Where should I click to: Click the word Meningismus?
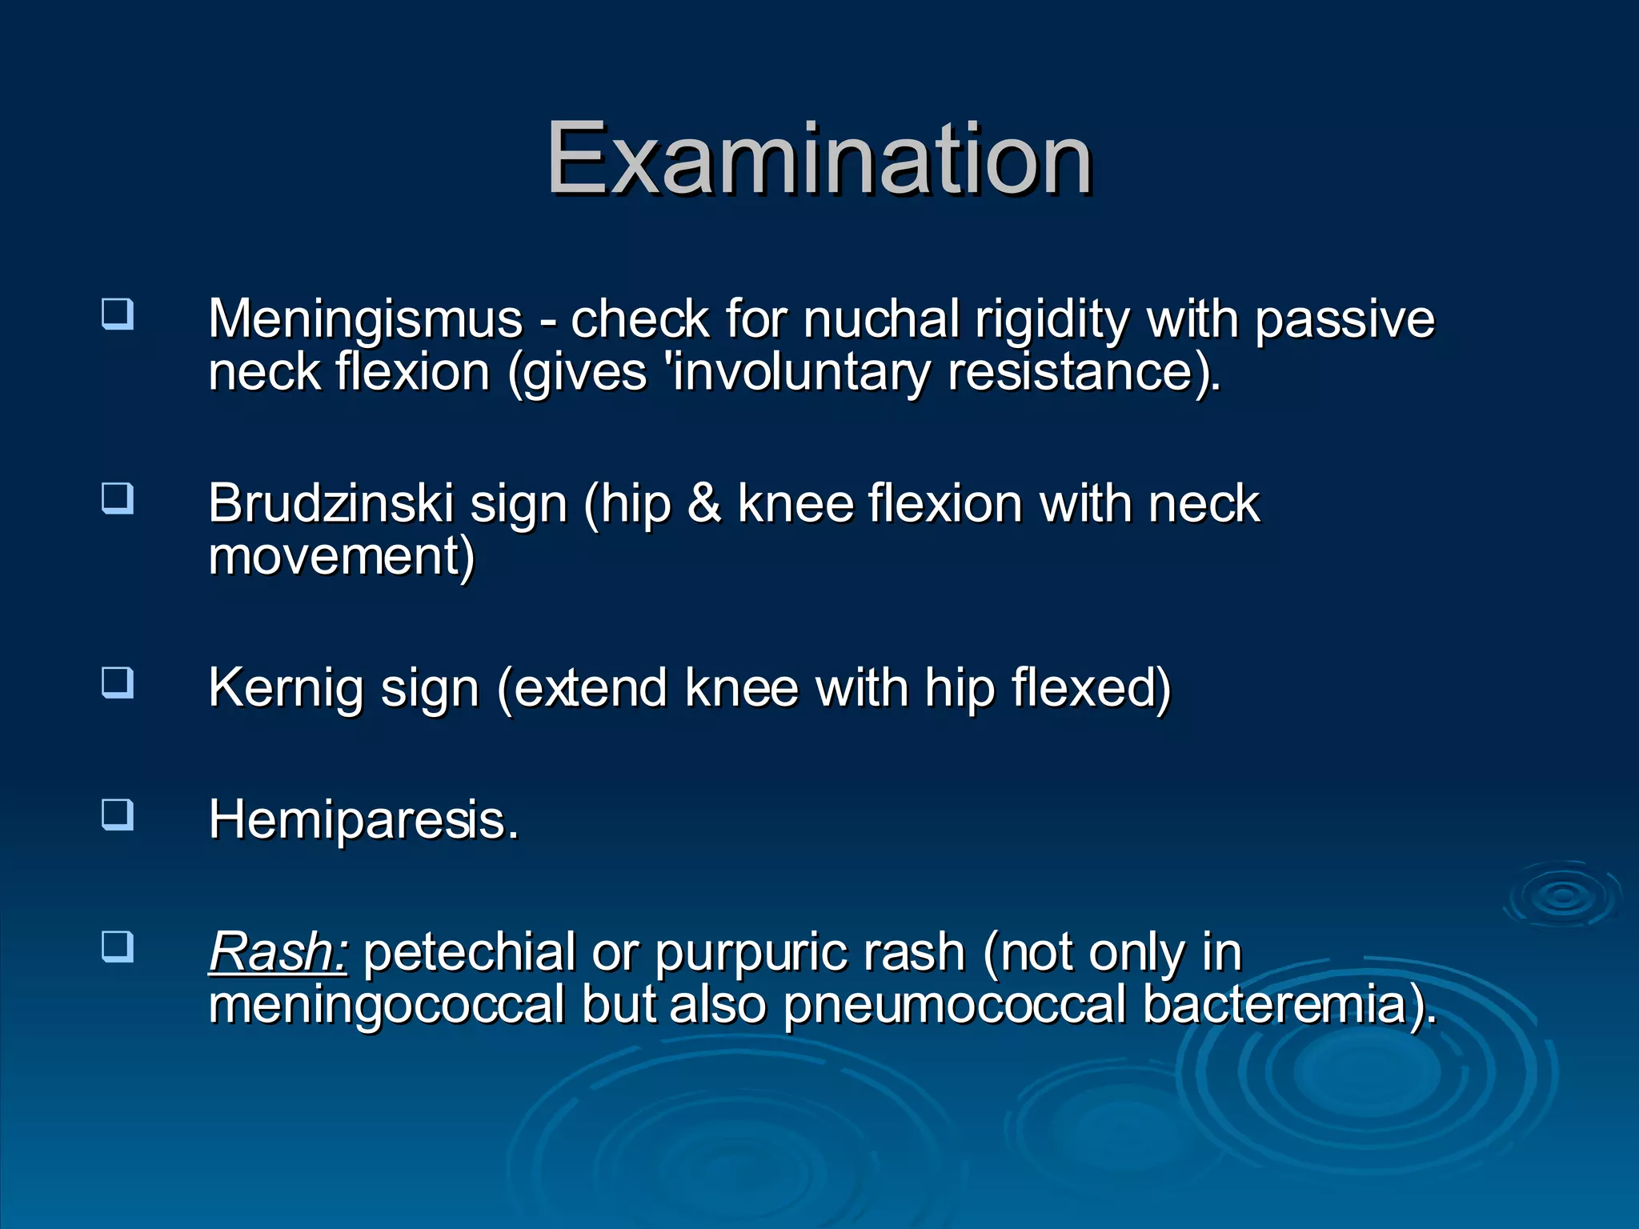point(365,319)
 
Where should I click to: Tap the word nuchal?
point(881,319)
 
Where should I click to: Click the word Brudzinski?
point(331,504)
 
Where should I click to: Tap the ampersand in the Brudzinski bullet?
point(703,504)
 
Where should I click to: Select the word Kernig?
point(286,688)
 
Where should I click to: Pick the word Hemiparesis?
point(363,820)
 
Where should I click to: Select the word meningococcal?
point(387,1005)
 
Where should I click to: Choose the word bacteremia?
point(1280,1005)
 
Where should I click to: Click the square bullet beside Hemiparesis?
point(118,815)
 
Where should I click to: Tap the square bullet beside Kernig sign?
point(118,683)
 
